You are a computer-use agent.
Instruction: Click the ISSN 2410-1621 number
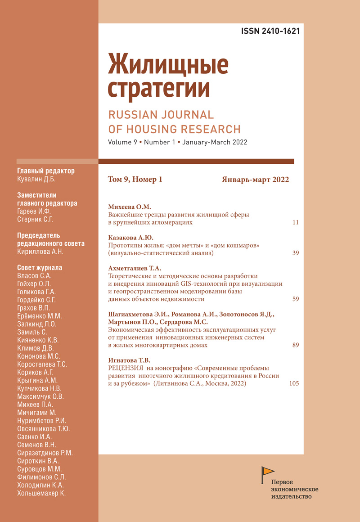(x=270, y=31)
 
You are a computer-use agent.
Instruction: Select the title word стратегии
(x=159, y=89)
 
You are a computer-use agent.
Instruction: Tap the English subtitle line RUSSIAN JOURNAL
(x=161, y=114)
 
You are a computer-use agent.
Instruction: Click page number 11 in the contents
(x=295, y=222)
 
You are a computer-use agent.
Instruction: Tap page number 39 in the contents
(x=295, y=253)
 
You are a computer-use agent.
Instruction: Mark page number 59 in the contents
(x=295, y=299)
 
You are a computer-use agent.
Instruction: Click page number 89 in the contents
(x=295, y=345)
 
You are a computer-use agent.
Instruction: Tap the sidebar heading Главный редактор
(x=45, y=171)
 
